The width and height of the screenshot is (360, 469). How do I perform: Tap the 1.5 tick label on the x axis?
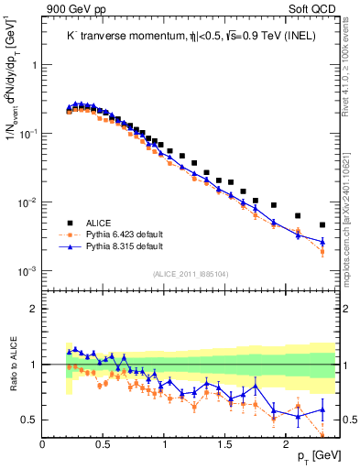(225, 443)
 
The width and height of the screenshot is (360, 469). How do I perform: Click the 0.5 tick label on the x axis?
(104, 443)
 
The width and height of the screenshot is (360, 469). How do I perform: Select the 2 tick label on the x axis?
(287, 443)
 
